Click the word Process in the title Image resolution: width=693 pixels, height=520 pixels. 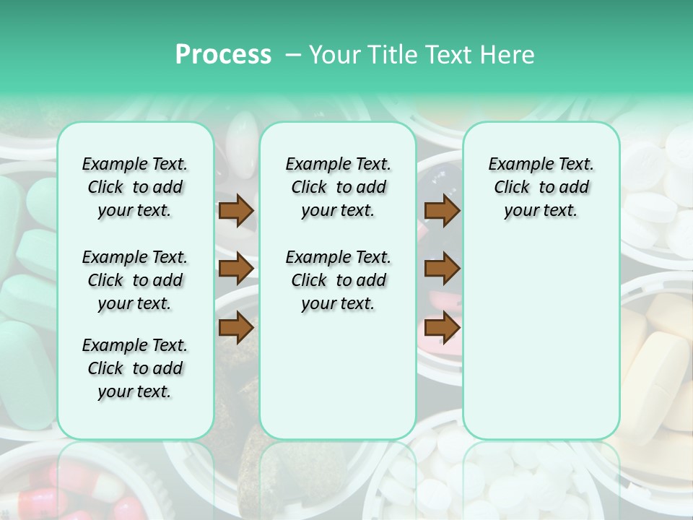tap(223, 54)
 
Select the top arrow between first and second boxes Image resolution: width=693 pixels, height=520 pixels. tap(236, 210)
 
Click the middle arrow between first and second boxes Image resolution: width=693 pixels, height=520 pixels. tap(236, 269)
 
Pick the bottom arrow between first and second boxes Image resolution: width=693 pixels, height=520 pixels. tap(236, 327)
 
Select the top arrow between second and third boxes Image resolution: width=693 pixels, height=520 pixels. tap(442, 210)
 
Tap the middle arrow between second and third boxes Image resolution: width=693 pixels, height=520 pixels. tap(442, 269)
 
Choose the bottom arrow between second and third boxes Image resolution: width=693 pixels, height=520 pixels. tap(442, 327)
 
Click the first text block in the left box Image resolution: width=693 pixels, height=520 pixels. tap(135, 187)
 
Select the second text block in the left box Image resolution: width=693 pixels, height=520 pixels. tap(135, 280)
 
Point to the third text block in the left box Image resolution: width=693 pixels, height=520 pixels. tap(135, 368)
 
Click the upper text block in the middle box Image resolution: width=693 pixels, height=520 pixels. tap(338, 187)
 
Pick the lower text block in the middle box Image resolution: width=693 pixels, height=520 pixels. tap(338, 280)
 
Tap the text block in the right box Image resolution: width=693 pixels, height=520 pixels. tap(541, 187)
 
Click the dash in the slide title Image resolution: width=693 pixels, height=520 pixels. tap(293, 54)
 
